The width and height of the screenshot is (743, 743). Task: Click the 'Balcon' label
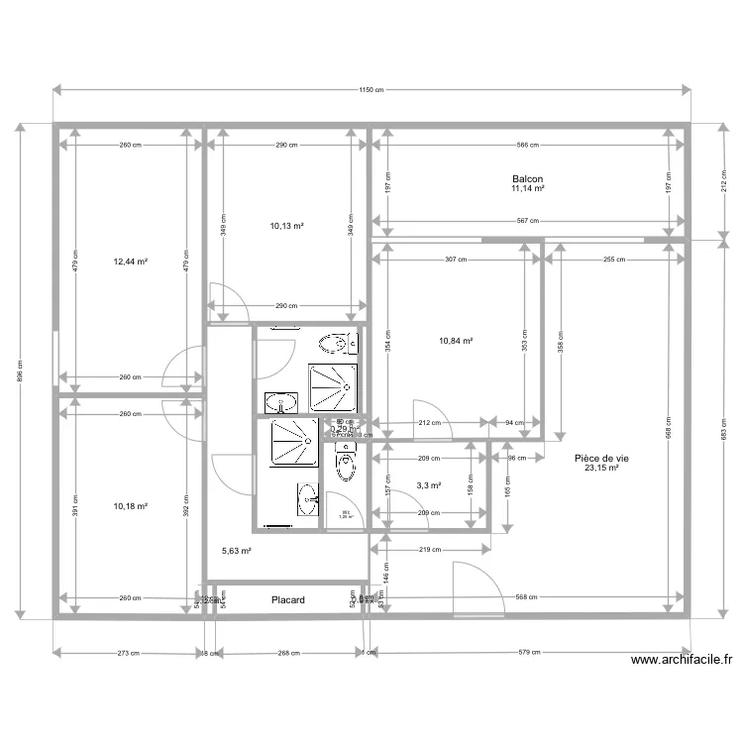pos(527,178)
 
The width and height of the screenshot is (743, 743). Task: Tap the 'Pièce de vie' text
pos(601,459)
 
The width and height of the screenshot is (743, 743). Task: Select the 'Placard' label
pos(288,600)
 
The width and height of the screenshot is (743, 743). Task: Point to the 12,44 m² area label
pos(131,263)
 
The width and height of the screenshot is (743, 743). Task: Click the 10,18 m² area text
pos(131,506)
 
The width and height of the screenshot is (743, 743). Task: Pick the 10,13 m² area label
pos(286,226)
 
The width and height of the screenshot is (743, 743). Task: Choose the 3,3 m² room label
pos(429,485)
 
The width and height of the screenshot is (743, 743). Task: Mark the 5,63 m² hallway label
pos(236,552)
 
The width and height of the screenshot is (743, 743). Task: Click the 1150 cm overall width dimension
pos(371,90)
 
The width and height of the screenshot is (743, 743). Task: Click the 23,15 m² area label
pos(601,469)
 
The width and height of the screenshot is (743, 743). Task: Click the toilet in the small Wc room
pos(345,466)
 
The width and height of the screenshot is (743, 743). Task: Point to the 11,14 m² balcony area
pos(527,188)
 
